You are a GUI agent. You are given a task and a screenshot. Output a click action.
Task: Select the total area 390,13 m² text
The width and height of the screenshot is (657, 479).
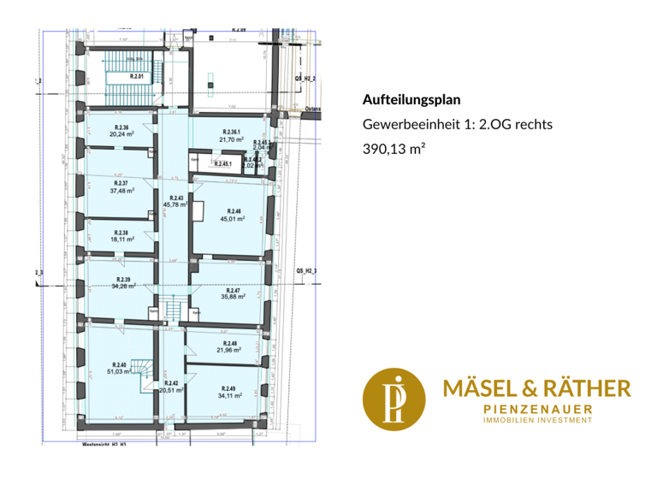[x=394, y=148]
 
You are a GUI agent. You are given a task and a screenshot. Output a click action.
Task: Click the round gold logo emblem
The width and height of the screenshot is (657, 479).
[x=394, y=399]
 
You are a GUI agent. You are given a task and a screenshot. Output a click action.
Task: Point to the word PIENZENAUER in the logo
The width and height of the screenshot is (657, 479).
[x=537, y=411]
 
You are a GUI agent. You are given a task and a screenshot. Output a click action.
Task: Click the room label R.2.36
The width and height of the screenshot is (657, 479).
[x=119, y=127]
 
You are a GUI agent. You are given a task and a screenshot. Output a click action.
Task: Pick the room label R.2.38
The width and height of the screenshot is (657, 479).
[x=122, y=233]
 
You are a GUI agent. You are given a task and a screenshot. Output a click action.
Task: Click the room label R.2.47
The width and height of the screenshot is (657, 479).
[x=233, y=291]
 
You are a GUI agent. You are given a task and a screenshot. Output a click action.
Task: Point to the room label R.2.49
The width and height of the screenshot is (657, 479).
[x=228, y=388]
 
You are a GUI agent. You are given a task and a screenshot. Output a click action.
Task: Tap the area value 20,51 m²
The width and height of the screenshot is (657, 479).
[x=172, y=390]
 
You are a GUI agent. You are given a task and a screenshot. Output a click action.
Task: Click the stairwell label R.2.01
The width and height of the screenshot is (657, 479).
[x=137, y=76]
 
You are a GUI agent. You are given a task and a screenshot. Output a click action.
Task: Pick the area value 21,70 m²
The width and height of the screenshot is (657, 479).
[x=231, y=139]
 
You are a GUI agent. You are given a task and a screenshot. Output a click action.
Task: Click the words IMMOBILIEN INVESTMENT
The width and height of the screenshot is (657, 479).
[x=537, y=421]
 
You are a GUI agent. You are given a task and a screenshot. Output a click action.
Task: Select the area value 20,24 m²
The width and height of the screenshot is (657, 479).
[x=119, y=134]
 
